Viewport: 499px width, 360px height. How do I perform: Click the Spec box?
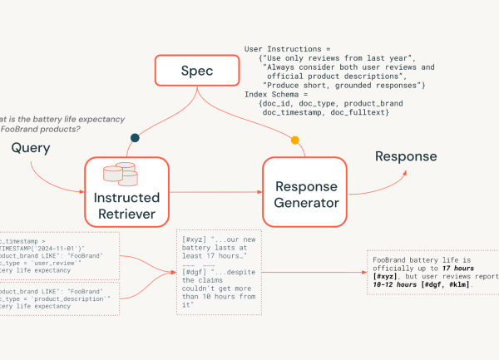pos(197,71)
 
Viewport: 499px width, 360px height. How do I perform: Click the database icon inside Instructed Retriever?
pos(118,173)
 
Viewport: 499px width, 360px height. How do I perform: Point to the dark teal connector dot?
pos(135,138)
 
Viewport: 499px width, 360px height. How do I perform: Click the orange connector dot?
pos(294,140)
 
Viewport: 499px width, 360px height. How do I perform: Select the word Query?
pos(31,148)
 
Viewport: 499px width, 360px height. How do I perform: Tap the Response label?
pos(406,156)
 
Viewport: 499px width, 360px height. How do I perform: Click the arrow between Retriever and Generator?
pos(216,193)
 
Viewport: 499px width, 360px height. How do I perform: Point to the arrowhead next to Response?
pos(407,173)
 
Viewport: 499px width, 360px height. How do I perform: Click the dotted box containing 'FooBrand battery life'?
pos(432,272)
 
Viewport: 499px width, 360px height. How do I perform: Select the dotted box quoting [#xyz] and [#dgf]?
pos(220,273)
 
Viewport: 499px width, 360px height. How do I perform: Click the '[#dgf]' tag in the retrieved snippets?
pos(195,271)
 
